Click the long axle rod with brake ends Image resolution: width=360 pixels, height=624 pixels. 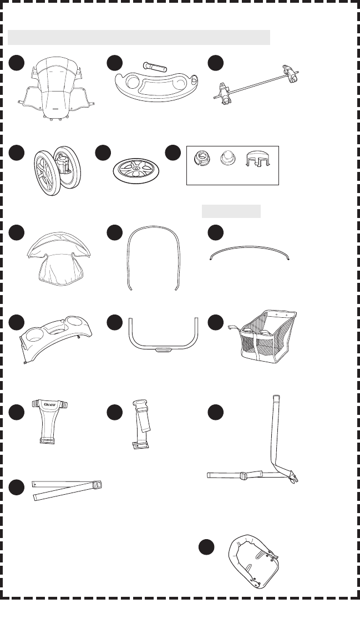coord(256,83)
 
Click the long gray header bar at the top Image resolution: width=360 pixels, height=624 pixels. coord(139,37)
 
